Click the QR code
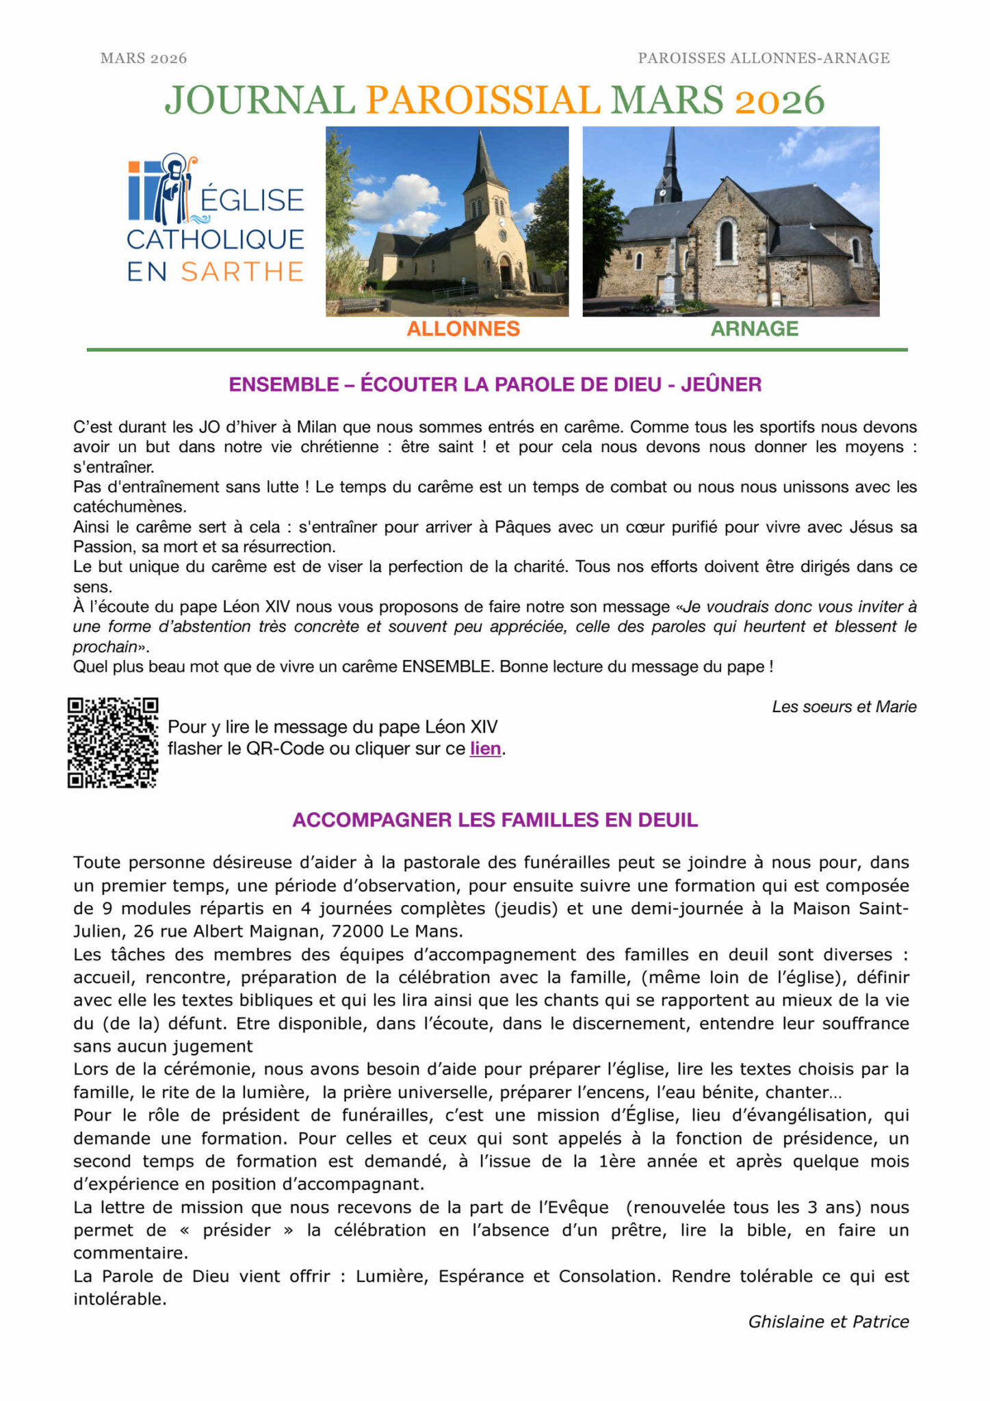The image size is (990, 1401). (113, 742)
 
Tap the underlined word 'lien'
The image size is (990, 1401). (485, 748)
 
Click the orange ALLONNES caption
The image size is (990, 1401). (463, 329)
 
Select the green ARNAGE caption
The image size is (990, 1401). (754, 329)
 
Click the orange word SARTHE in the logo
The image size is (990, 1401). (242, 272)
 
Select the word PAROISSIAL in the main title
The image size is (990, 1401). (483, 101)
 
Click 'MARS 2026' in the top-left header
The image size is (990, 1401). (144, 58)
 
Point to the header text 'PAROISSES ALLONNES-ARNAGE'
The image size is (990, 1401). (764, 58)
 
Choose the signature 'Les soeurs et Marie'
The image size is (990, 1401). (844, 707)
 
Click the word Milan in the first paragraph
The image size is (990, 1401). (316, 427)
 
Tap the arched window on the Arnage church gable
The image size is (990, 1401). (726, 241)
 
